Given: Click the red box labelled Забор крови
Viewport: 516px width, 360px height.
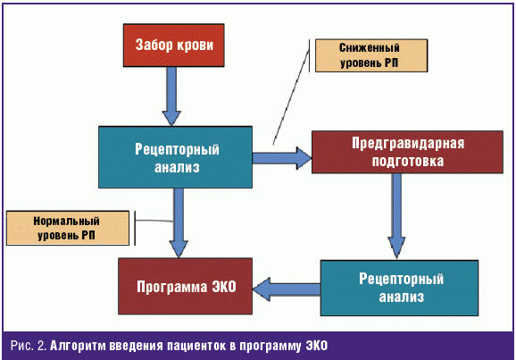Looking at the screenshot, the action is click(174, 46).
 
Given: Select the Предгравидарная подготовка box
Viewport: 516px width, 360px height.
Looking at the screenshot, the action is click(407, 152).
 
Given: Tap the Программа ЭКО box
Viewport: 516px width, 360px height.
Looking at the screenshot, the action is click(186, 286).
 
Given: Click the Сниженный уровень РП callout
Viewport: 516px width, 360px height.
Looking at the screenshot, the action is click(371, 55).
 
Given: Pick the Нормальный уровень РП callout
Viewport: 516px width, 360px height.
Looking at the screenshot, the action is click(68, 228).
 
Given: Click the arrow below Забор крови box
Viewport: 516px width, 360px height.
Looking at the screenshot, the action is click(171, 96).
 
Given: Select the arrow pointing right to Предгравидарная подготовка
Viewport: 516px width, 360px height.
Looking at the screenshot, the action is click(282, 158).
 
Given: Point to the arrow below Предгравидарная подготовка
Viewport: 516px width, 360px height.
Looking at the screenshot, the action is click(396, 216).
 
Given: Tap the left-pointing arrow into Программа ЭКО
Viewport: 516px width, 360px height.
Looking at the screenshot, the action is click(287, 289).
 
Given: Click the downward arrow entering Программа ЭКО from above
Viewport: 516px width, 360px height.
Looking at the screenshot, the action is click(179, 222).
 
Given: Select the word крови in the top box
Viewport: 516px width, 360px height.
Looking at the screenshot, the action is click(194, 46).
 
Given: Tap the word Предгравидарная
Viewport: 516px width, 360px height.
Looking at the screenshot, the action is click(408, 144).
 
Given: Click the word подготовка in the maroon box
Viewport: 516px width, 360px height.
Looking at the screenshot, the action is click(408, 162).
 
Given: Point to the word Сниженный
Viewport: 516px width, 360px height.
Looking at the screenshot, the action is click(370, 48).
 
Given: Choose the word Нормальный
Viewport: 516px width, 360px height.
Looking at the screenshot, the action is click(66, 221).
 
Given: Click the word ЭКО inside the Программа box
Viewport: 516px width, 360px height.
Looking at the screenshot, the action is click(224, 287).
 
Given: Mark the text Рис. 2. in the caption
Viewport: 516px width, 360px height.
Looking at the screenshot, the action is click(29, 346).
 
